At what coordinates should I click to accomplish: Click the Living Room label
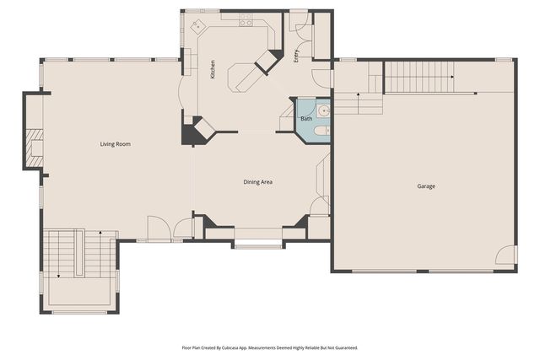click(x=116, y=144)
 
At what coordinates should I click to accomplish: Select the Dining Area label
click(x=258, y=182)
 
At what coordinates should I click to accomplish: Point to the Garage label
click(x=426, y=185)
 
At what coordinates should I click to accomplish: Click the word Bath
click(x=306, y=119)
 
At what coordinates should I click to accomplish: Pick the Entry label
click(x=296, y=56)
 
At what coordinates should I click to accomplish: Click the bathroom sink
click(x=324, y=110)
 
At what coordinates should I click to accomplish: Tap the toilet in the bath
click(x=325, y=131)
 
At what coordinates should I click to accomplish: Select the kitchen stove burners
click(x=246, y=22)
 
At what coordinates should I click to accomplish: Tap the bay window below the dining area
click(x=258, y=245)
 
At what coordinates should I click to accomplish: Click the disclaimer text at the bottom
click(x=270, y=347)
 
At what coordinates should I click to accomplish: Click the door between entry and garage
click(x=321, y=78)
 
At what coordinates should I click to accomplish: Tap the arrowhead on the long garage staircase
click(x=452, y=78)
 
